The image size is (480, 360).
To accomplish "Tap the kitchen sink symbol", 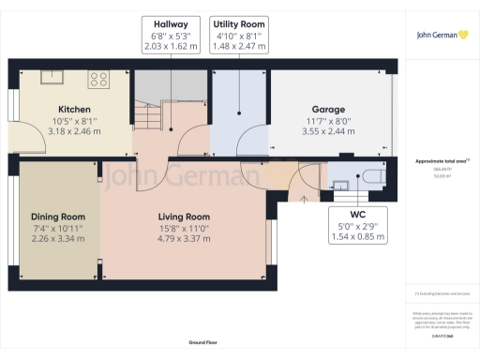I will pos(49,77).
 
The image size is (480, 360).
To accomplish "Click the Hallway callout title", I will pos(171,23).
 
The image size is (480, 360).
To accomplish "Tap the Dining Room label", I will pos(52,216).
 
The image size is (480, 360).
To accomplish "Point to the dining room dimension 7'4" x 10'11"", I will pos(52,227).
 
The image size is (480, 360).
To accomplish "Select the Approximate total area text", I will pos(441,161).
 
